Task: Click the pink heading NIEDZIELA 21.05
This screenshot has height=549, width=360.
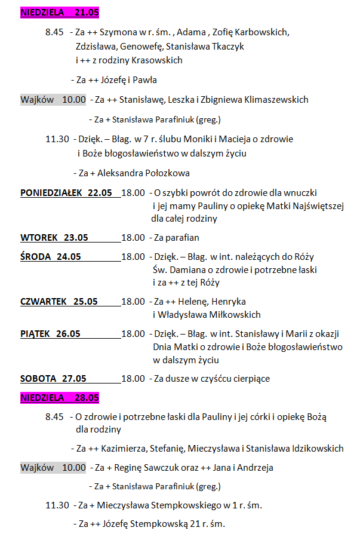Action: point(60,12)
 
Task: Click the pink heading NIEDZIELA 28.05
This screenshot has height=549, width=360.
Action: point(60,398)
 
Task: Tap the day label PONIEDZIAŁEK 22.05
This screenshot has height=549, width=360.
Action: point(66,193)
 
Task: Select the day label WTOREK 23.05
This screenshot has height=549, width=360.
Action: point(54,238)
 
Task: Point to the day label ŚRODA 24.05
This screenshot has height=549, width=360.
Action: point(51,257)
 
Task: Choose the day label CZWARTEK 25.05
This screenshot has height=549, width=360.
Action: point(59,302)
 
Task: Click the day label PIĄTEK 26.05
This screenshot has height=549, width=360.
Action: point(51,334)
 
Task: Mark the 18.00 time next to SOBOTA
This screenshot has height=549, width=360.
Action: point(133,379)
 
